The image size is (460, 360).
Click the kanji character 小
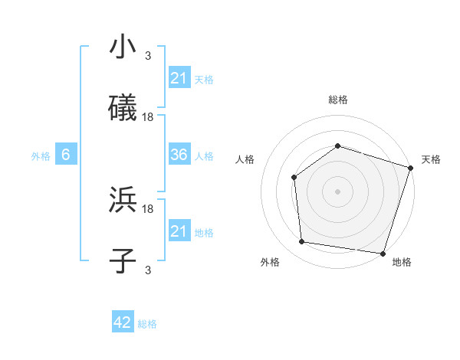[x=123, y=47]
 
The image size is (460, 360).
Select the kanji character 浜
[x=123, y=200]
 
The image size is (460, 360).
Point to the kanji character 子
[x=123, y=260]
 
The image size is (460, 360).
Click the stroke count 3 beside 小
[x=148, y=55]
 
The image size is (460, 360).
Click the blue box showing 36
[x=179, y=155]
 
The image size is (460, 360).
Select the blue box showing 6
[x=66, y=155]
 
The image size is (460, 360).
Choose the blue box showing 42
[x=123, y=322]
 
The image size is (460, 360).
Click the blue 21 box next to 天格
[x=179, y=77]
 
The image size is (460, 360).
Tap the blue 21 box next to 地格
[x=179, y=231]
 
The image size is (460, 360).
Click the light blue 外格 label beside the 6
[x=41, y=155]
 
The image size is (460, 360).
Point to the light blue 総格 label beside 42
[x=147, y=323]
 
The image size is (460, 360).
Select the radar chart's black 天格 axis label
[x=431, y=159]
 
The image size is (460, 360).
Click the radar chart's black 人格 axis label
[x=245, y=159]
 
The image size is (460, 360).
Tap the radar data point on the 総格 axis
[x=337, y=146]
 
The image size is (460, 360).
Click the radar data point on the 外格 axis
[x=302, y=242]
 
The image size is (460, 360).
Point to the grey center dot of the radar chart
[x=337, y=191]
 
